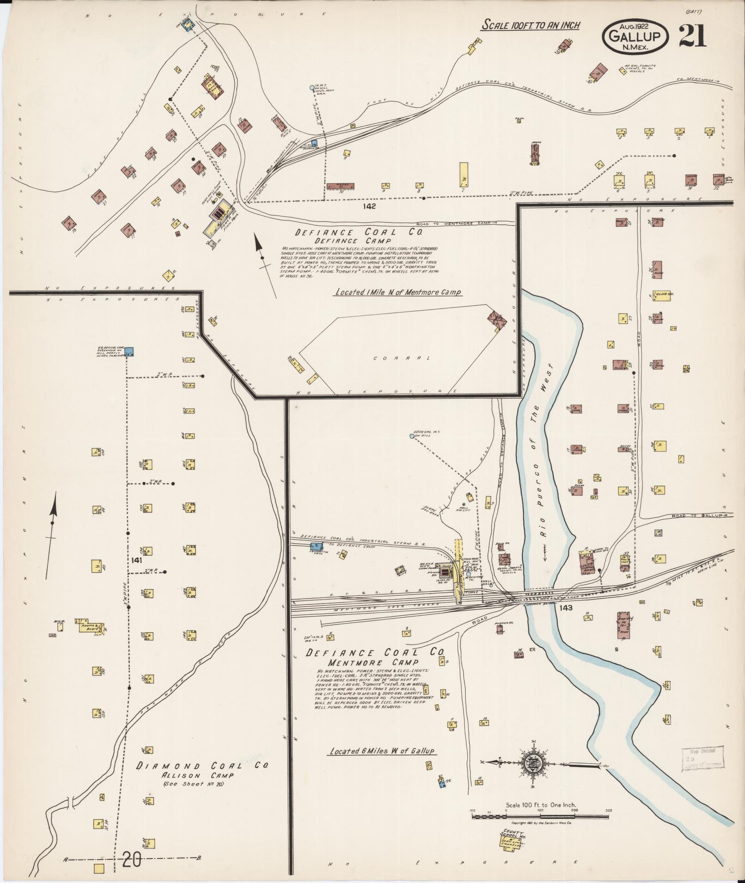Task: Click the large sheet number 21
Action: pos(693,36)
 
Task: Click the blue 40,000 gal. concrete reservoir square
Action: pos(130,352)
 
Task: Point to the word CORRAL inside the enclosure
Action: pos(401,358)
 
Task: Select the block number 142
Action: pos(369,206)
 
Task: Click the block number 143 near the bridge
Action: pos(565,607)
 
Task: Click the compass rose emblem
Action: pos(535,763)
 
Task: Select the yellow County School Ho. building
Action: pos(509,844)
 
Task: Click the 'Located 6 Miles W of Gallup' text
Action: pos(382,751)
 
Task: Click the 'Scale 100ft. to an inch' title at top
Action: pos(530,25)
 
